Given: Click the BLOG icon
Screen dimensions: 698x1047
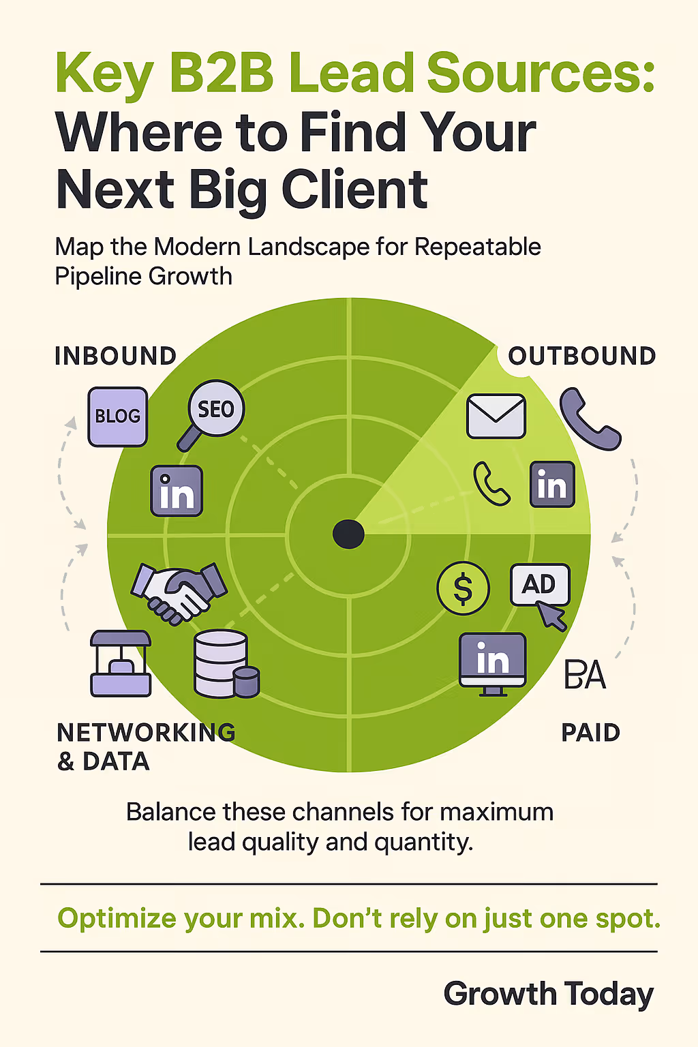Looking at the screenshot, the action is (x=118, y=416).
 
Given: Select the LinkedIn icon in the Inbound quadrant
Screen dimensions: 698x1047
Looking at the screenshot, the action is (x=177, y=491).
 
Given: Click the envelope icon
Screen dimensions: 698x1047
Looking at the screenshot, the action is (x=496, y=416).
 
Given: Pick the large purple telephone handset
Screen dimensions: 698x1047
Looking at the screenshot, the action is (x=589, y=419).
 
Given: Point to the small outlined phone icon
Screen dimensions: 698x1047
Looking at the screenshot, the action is (x=491, y=483).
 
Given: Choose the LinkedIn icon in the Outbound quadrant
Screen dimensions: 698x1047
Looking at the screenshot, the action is (x=552, y=485).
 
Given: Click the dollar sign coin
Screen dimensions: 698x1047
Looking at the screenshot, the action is (x=463, y=588).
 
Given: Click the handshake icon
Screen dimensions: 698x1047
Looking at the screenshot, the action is (x=179, y=591).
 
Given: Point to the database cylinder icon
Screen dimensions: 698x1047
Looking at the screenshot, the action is (x=225, y=664).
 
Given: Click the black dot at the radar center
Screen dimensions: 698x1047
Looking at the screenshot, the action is (x=348, y=534).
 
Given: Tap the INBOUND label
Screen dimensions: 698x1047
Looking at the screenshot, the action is (x=116, y=356).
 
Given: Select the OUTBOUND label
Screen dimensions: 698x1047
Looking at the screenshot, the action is (x=582, y=356).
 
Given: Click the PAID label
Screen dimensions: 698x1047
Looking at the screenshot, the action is (x=590, y=733).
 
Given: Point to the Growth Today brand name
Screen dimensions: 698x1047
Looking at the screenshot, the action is (x=549, y=994).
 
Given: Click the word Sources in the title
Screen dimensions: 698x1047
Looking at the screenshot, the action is (x=541, y=73).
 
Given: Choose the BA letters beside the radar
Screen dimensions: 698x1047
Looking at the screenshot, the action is (x=585, y=675).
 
